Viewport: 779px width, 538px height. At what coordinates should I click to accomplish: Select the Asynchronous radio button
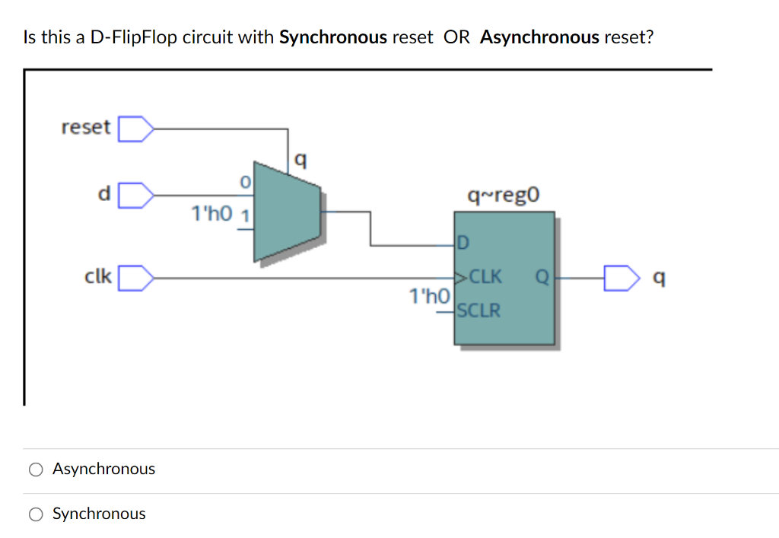pos(36,470)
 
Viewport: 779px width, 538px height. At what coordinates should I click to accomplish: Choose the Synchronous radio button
pos(36,514)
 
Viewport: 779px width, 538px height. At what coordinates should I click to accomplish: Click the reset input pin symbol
pos(134,128)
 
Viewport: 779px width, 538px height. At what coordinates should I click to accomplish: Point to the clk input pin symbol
pos(134,278)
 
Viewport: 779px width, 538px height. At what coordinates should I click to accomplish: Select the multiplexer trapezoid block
pos(287,210)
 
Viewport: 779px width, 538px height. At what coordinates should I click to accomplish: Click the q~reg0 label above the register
pos(504,196)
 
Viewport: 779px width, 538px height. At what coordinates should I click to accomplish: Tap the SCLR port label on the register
pos(479,310)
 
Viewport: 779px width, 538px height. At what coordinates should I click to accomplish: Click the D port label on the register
pos(463,244)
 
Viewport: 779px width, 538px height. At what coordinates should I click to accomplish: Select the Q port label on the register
pos(542,278)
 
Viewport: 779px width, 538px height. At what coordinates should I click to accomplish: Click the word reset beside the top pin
pos(85,127)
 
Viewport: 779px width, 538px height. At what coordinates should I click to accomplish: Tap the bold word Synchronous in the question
pos(333,37)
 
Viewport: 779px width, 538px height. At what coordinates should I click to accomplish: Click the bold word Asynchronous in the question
pos(539,37)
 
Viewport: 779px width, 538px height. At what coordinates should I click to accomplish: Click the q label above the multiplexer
pos(300,159)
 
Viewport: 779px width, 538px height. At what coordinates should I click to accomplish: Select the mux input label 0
pos(244,183)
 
